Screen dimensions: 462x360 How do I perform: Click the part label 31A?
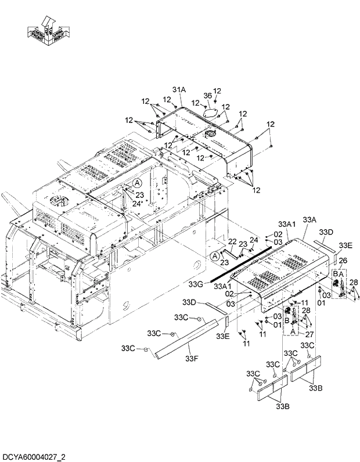[x=178, y=89]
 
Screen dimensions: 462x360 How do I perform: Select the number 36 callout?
[x=207, y=96]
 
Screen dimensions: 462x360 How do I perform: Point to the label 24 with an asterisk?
[x=138, y=203]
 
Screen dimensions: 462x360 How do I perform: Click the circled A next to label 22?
[x=215, y=255]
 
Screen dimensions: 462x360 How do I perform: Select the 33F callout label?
[x=192, y=358]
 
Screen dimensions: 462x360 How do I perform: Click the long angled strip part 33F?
[x=186, y=336]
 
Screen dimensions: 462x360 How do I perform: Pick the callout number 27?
[x=309, y=334]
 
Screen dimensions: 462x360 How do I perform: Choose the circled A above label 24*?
[x=137, y=182]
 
